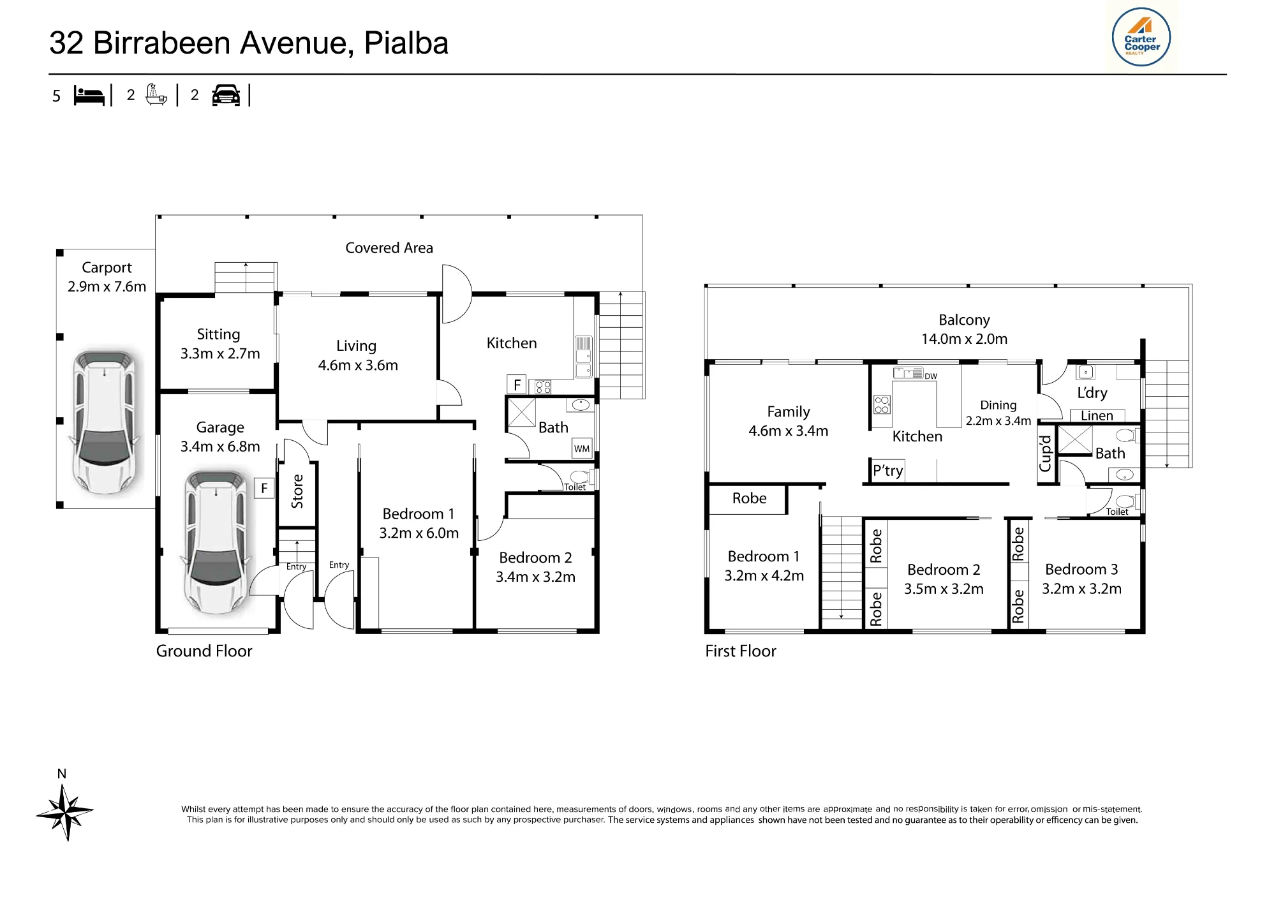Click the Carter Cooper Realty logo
pos(1141,36)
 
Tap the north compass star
pos(65,812)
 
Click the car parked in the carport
pos(106,421)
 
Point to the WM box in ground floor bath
pos(582,448)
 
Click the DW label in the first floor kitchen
pos(931,376)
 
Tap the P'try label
pos(888,471)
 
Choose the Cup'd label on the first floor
pos(1045,454)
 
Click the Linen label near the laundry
pos(1097,416)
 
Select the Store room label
pos(297,491)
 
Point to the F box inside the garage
pos(264,488)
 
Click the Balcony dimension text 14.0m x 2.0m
pos(964,339)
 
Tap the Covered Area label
pos(389,248)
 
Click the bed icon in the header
pos(89,95)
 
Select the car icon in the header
pos(226,95)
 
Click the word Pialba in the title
pos(406,43)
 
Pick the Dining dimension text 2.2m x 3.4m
pos(998,421)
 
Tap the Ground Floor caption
pos(204,651)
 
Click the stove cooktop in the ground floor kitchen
pos(543,387)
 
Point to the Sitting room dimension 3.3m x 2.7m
pos(220,354)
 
